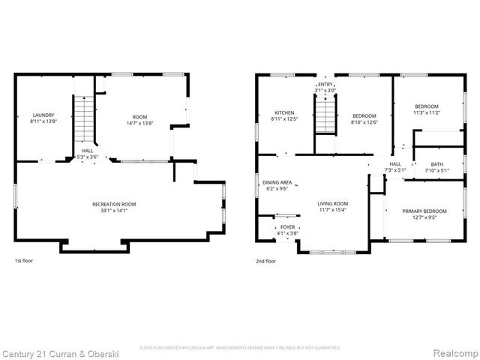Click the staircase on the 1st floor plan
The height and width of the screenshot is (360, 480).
pos(85,120)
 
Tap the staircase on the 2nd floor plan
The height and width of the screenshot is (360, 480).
pos(324,115)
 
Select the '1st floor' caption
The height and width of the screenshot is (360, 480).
pos(23,261)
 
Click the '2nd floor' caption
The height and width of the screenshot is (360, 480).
pos(266,261)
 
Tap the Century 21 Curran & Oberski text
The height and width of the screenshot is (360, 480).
pos(56,352)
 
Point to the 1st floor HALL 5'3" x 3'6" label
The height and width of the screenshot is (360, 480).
pos(88,154)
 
